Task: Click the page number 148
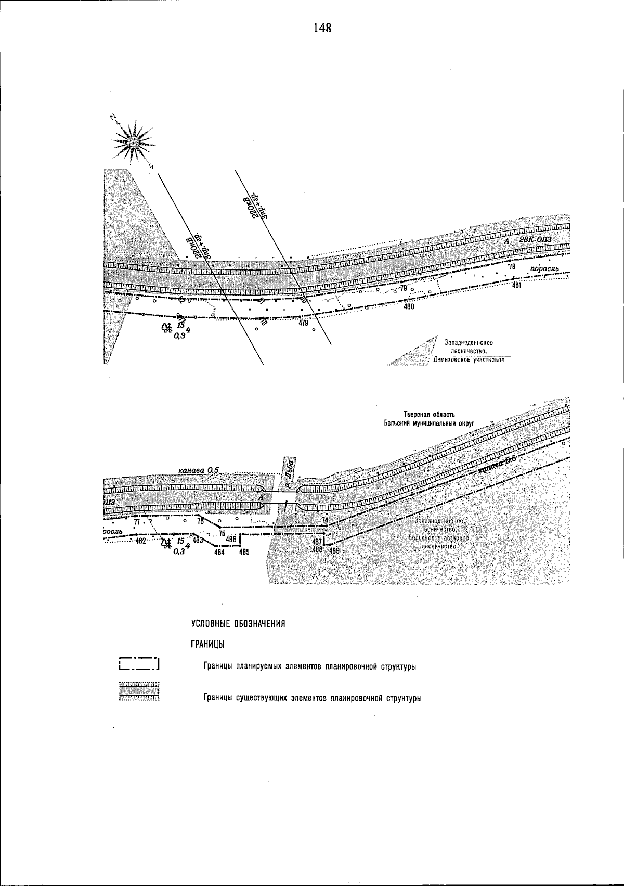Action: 322,28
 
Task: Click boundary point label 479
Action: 304,323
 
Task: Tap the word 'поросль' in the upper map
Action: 544,268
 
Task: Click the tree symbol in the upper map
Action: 167,328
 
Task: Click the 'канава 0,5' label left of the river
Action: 198,470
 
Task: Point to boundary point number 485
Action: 244,553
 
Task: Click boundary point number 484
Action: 219,553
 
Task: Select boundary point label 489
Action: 334,550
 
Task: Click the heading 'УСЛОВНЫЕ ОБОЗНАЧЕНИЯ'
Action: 239,624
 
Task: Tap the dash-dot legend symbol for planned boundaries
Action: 139,663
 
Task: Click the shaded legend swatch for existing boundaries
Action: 139,691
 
